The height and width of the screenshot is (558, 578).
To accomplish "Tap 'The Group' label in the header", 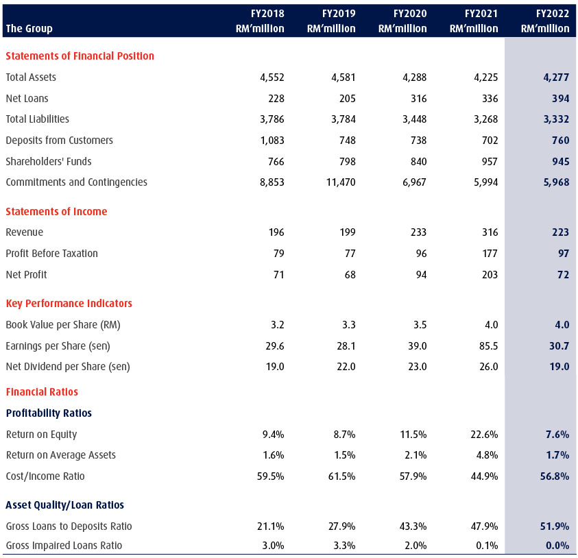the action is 29,28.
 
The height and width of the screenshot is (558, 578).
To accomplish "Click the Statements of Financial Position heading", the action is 80,56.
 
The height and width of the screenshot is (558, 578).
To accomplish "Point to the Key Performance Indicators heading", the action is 69,303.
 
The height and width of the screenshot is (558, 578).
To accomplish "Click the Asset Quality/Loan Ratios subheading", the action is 65,505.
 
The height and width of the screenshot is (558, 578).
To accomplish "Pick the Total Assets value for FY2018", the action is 272,77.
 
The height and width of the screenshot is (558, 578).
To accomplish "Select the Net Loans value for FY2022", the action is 561,99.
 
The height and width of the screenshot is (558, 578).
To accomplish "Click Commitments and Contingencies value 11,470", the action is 341,182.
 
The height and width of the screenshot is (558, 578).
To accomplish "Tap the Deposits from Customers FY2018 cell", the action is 272,141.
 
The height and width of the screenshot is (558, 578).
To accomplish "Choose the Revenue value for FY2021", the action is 490,232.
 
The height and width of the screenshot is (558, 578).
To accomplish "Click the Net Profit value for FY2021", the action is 490,275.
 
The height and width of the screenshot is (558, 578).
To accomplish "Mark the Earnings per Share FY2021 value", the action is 488,346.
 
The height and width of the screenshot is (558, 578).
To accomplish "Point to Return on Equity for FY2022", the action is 557,435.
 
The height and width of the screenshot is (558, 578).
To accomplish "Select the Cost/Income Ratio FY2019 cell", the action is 341,476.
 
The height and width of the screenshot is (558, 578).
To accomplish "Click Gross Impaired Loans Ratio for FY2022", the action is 557,546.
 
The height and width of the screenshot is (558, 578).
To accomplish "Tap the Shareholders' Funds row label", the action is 49,161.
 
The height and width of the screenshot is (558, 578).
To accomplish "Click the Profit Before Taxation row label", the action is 52,254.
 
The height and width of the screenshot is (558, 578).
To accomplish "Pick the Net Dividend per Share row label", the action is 68,367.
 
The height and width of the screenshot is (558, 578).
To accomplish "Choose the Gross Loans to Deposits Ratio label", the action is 69,526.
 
